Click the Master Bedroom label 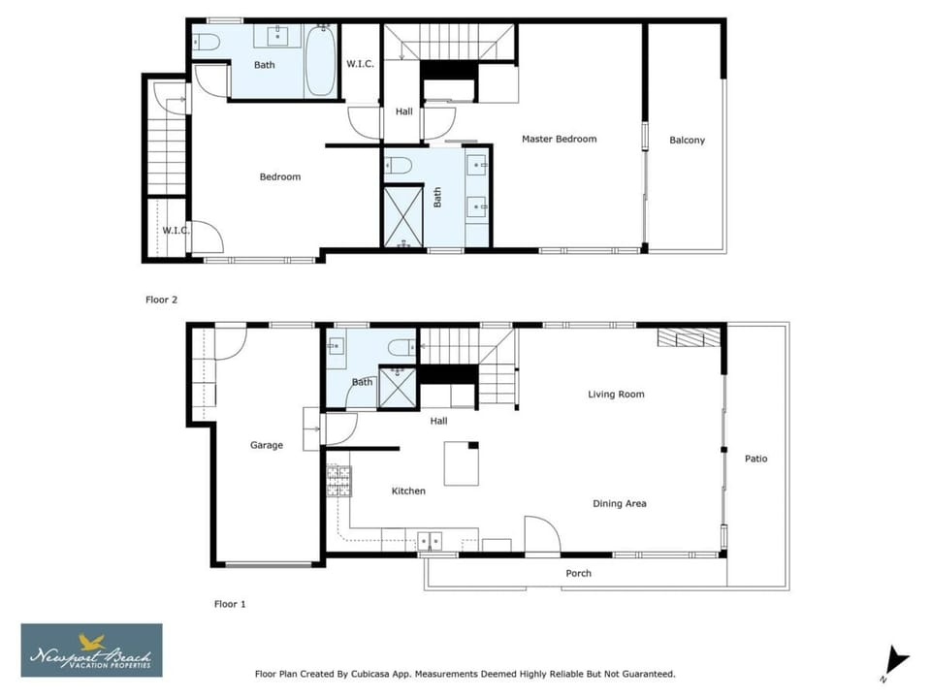click(559, 139)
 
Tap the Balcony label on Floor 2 click(687, 140)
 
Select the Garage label click(266, 445)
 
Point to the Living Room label click(616, 395)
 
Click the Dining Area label click(620, 503)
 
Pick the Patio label click(755, 459)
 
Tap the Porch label click(578, 573)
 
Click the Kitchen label click(408, 491)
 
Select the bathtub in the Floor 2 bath click(320, 60)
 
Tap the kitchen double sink click(430, 541)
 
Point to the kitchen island click(462, 463)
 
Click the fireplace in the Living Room click(689, 337)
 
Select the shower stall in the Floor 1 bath click(398, 388)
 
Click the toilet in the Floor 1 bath click(401, 347)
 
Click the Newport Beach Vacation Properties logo click(91, 650)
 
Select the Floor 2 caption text click(162, 300)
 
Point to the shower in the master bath click(403, 217)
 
